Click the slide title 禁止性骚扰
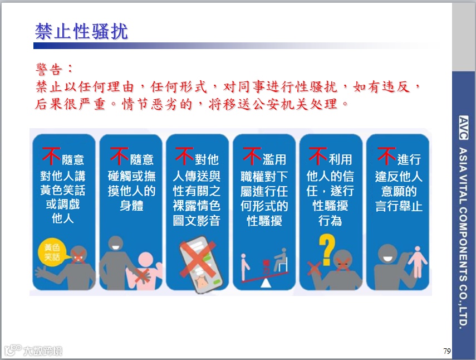81,31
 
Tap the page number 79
446,351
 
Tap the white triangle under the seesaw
266,283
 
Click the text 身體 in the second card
131,206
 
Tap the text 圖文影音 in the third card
197,221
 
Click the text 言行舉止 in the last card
399,206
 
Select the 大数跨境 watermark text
42,351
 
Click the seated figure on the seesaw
282,260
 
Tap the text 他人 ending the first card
63,218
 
